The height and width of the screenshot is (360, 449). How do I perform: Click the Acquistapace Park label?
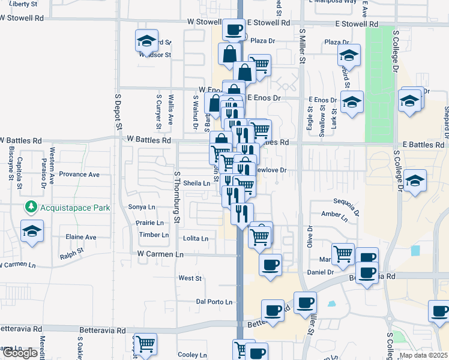click(68, 208)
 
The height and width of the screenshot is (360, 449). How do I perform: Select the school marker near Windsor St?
click(146, 41)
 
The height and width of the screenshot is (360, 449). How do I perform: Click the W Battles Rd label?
click(149, 139)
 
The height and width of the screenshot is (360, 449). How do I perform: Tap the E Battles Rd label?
click(424, 145)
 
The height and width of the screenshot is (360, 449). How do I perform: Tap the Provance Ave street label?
click(82, 175)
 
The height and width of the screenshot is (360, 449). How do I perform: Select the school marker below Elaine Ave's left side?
click(32, 231)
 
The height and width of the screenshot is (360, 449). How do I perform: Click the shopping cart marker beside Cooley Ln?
click(146, 345)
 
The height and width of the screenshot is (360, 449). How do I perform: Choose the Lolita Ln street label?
click(196, 238)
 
